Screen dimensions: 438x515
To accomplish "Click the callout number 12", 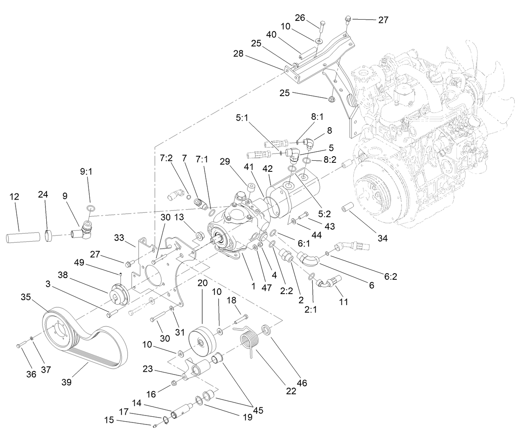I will pyautogui.click(x=14, y=197).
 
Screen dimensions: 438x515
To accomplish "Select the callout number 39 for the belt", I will pyautogui.click(x=66, y=382).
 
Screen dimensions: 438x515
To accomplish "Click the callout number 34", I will pyautogui.click(x=382, y=238).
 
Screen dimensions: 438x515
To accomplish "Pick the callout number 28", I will pyautogui.click(x=238, y=54).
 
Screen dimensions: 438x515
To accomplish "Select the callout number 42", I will pyautogui.click(x=268, y=169).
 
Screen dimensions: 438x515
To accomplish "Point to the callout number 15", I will pyautogui.click(x=108, y=420).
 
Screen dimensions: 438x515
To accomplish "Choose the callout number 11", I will pyautogui.click(x=343, y=302).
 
